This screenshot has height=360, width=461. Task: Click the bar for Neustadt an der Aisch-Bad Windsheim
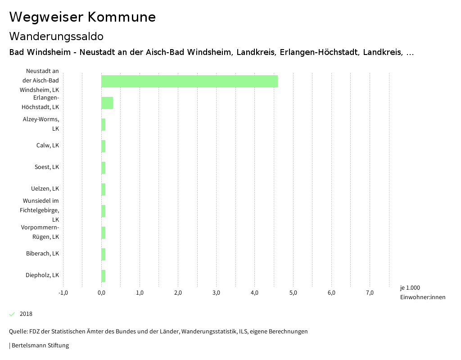(x=189, y=81)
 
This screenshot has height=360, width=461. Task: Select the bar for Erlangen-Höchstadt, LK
(x=107, y=103)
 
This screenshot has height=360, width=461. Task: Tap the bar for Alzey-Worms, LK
(x=104, y=124)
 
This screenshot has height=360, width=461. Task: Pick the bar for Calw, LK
(x=104, y=146)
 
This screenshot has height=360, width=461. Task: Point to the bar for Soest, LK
(x=104, y=168)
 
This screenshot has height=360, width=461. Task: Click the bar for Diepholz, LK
(x=104, y=276)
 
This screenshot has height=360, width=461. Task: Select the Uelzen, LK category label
(x=45, y=188)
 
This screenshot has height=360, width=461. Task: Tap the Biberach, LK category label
(x=42, y=253)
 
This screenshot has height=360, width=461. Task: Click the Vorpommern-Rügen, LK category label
(x=40, y=232)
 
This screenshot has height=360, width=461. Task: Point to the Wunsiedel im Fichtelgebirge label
(x=40, y=210)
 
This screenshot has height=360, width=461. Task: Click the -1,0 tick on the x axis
(x=63, y=293)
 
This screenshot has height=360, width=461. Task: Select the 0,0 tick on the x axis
(x=101, y=293)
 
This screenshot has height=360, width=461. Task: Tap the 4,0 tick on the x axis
(x=255, y=293)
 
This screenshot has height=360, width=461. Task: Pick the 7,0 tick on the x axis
(x=370, y=293)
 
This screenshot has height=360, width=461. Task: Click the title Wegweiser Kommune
(x=82, y=17)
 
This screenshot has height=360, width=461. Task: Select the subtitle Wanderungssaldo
(x=56, y=36)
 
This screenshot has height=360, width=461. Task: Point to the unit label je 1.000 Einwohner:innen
(x=422, y=292)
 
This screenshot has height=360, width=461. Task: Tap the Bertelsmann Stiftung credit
(x=40, y=346)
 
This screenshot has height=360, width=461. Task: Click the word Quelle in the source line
(x=17, y=332)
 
